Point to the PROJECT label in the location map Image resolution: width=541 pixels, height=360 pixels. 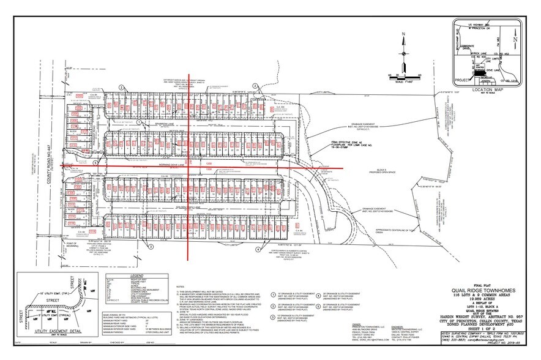pyautogui.click(x=461, y=78)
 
